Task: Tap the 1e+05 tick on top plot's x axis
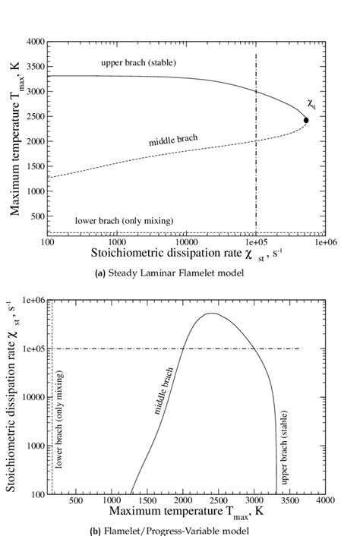(x=256, y=242)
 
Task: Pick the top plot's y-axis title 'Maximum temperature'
(x=14, y=137)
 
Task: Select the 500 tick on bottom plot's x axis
(x=75, y=501)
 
